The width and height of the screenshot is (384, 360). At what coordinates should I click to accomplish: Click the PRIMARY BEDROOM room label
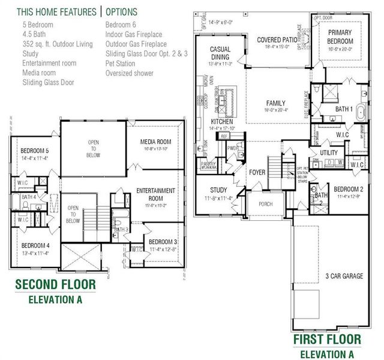[340, 37]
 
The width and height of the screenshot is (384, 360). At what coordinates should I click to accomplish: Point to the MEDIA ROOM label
[156, 142]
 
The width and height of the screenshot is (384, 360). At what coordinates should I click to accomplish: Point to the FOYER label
[257, 173]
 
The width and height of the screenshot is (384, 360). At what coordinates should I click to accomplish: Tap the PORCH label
[265, 204]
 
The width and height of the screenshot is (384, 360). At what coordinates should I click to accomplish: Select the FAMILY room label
[276, 103]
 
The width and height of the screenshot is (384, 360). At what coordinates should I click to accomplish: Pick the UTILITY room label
[329, 154]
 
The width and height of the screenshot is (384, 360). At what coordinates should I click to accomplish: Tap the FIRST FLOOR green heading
[328, 340]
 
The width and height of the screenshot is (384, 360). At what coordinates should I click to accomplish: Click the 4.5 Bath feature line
[37, 34]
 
